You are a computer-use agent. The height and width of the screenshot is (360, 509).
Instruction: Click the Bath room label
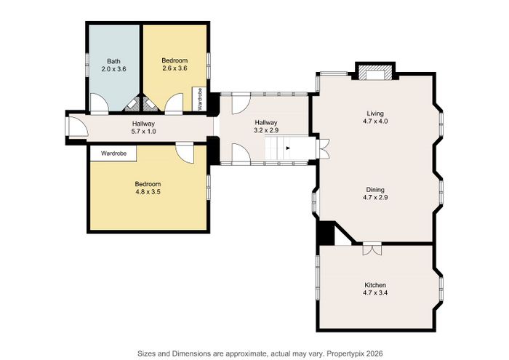pos(113,61)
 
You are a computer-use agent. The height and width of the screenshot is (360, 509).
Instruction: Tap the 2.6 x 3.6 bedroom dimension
pos(175,68)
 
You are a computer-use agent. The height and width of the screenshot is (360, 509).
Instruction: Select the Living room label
pos(375,113)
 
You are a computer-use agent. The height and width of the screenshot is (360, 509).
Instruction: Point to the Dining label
pos(375,190)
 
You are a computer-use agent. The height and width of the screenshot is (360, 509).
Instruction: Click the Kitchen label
pos(375,285)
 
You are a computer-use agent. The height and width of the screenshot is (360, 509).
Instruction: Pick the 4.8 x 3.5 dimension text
pos(148,192)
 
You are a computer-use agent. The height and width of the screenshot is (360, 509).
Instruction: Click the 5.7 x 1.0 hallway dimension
pos(143,132)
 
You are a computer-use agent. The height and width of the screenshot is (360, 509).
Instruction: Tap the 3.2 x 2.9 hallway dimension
pos(266,130)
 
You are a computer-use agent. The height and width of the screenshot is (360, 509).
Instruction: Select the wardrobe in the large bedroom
pos(113,153)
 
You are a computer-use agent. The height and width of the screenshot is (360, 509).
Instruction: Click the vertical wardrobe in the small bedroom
pos(199,99)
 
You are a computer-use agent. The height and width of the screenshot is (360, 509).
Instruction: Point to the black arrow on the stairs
pos(288,148)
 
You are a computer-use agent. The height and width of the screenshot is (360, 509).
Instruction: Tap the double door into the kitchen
pos(372,249)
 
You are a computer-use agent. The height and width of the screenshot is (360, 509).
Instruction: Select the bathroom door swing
pos(98,103)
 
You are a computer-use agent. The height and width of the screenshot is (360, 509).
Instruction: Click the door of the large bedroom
pos(185,153)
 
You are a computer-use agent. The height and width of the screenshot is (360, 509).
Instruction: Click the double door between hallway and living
pos(323,148)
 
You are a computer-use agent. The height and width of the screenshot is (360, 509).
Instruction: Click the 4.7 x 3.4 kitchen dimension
pos(375,293)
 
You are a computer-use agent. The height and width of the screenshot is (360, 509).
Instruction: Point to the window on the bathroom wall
pos(87,64)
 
